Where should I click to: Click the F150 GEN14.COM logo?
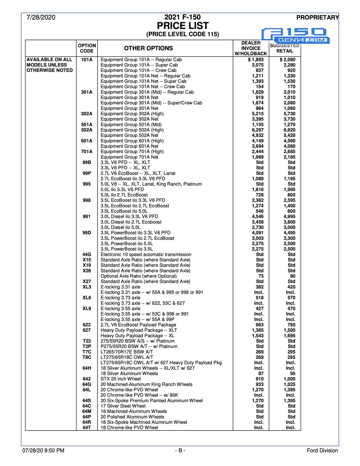point(295,35)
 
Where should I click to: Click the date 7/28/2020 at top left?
point(41,17)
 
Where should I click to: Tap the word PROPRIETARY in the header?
point(317,17)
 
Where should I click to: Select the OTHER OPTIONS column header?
point(148,48)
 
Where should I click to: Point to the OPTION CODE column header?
point(87,48)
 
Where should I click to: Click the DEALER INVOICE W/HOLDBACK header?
point(251,48)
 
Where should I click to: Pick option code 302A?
point(87,114)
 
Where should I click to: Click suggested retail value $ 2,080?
point(287,60)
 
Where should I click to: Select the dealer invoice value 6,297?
point(258,130)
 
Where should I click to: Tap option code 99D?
point(87,233)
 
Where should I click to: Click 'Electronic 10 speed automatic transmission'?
point(146,254)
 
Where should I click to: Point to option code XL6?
point(87,298)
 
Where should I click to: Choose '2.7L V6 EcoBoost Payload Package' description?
point(138,325)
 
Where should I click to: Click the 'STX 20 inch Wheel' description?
point(121,379)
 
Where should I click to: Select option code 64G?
point(87,384)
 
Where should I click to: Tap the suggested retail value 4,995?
point(289,216)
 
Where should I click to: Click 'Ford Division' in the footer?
point(322,450)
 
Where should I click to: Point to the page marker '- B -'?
point(180,450)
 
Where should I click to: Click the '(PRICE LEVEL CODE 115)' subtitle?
point(183,34)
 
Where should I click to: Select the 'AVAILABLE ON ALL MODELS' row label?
point(50,65)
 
